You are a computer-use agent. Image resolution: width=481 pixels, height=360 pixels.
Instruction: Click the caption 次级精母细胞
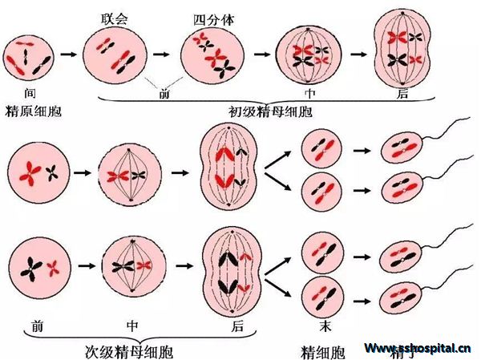[128, 351]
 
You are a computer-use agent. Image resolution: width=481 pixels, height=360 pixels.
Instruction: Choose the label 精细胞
[322, 351]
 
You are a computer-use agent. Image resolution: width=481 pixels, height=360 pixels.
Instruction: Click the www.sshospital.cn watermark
[416, 348]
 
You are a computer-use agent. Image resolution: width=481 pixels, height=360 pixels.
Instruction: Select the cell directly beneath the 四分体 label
[213, 55]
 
